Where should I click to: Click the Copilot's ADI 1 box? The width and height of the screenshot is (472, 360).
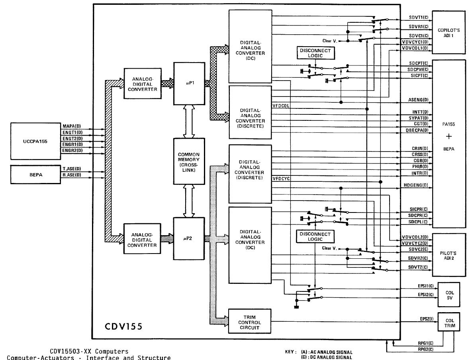(x=448, y=32)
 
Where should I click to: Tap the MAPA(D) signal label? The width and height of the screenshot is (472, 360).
(x=72, y=126)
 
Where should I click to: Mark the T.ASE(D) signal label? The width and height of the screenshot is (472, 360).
(x=72, y=169)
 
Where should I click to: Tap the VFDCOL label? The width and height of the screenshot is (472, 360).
(x=281, y=106)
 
